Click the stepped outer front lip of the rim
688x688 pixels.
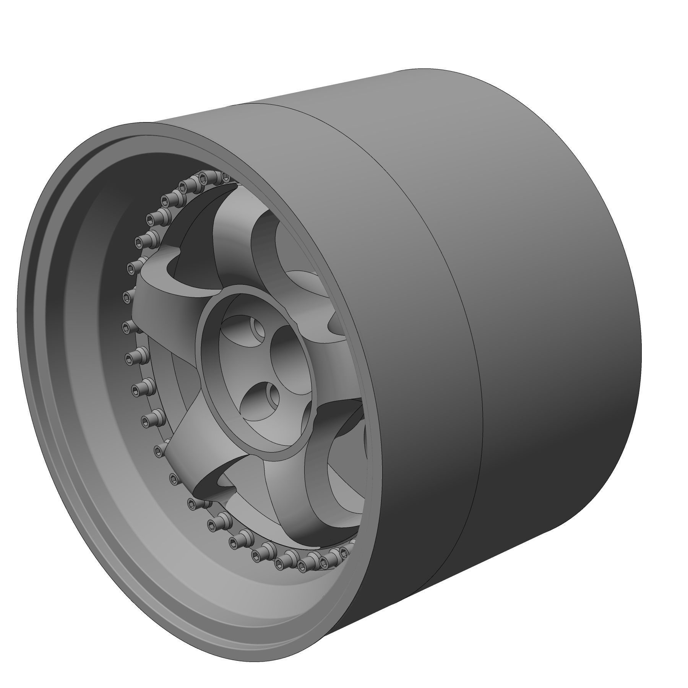click(46, 420)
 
